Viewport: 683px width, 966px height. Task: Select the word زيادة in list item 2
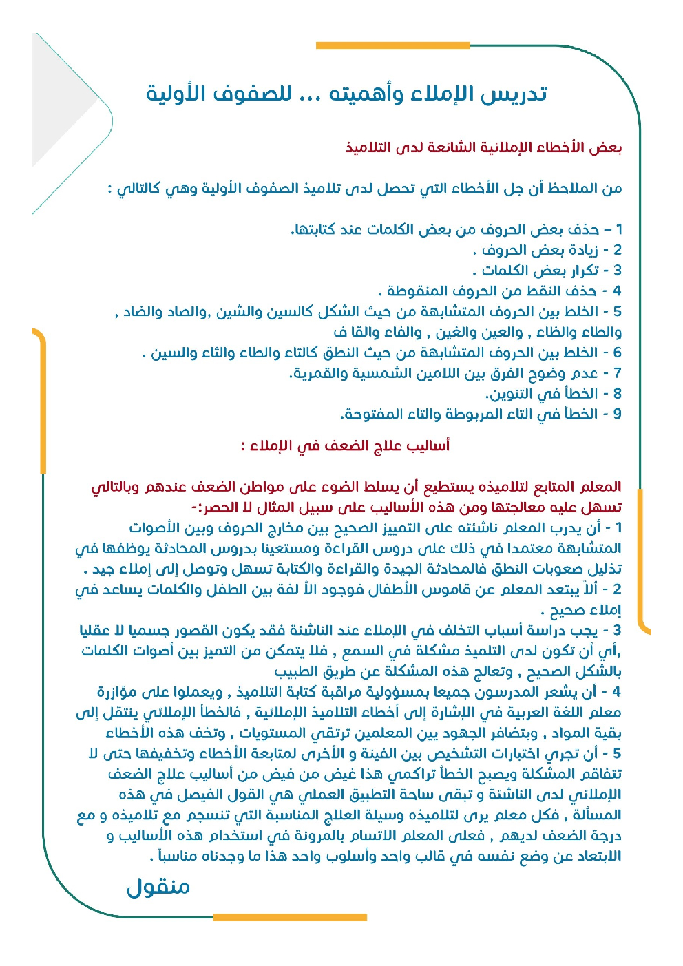point(578,250)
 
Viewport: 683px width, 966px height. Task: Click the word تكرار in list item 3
point(578,271)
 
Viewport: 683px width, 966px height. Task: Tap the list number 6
point(617,353)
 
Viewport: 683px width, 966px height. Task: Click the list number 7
point(617,374)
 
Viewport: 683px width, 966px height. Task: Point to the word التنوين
point(514,395)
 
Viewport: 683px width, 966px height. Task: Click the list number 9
point(617,414)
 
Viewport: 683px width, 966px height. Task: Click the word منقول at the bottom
point(158,887)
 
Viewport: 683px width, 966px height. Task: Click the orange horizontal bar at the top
point(392,45)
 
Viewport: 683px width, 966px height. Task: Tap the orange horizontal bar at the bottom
point(290,917)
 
